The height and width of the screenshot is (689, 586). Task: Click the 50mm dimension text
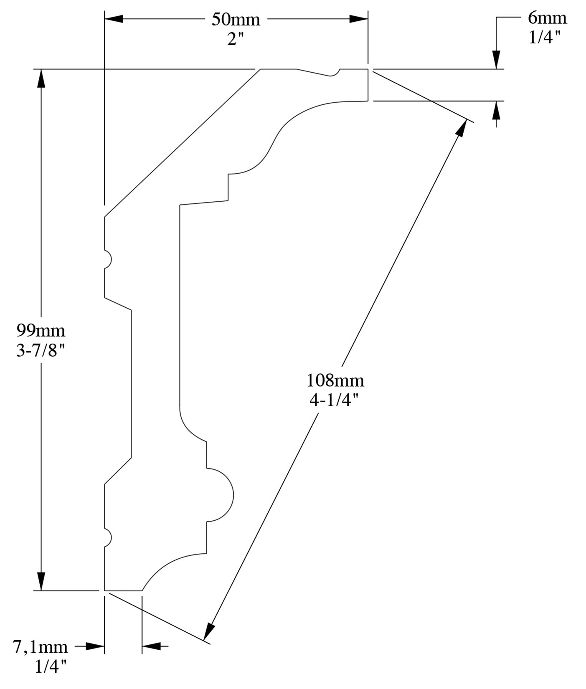point(236,20)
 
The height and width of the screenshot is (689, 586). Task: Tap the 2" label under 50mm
point(235,40)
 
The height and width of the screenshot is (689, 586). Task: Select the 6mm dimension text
point(547,18)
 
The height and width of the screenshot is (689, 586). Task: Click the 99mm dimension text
point(41,331)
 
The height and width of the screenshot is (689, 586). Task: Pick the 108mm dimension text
point(335,380)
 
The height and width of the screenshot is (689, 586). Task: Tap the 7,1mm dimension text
point(41,647)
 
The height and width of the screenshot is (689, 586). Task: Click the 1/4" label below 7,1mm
point(51,667)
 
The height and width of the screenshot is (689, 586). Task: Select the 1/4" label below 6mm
point(544,38)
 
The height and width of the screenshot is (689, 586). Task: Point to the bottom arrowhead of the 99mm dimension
point(41,581)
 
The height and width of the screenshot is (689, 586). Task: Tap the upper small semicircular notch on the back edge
point(107,259)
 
